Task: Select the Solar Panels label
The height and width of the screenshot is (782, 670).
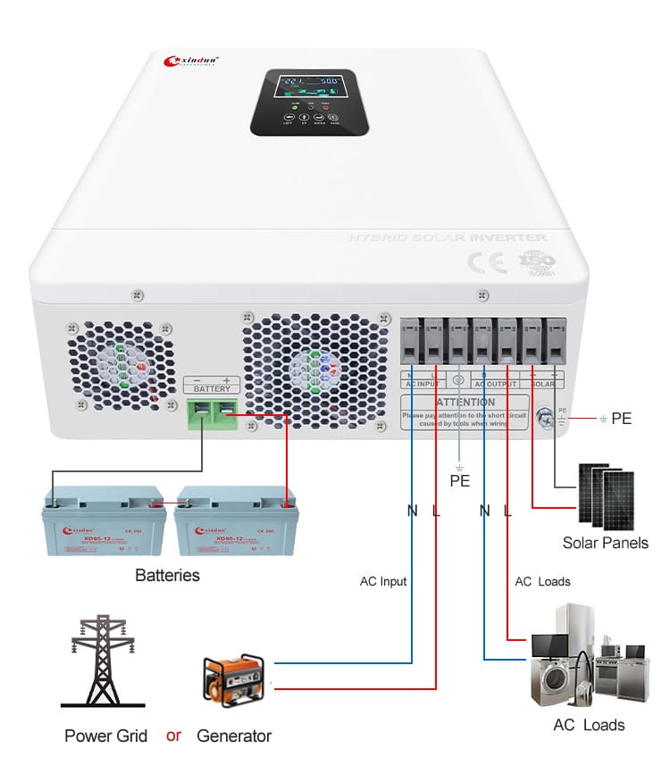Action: [x=605, y=543]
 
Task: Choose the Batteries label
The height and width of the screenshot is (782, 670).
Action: [x=167, y=576]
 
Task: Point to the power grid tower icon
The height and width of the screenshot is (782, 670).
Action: [x=103, y=661]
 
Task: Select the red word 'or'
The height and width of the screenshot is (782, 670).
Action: [x=173, y=736]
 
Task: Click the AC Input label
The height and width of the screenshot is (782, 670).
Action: [x=383, y=581]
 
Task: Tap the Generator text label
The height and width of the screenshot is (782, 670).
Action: [x=233, y=736]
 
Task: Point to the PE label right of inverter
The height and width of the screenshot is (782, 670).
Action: [x=621, y=418]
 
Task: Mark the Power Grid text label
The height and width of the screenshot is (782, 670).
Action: [x=106, y=736]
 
